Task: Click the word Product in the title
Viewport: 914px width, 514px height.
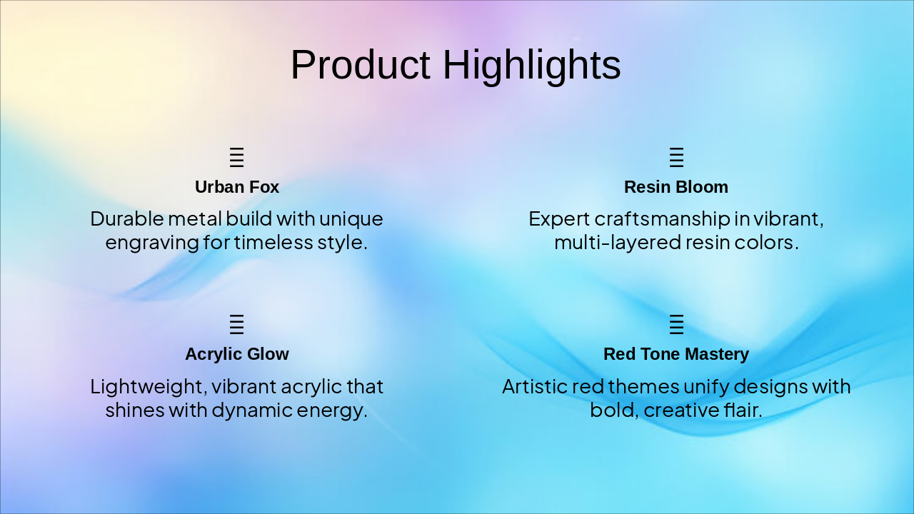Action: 361,65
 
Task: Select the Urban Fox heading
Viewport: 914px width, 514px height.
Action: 237,187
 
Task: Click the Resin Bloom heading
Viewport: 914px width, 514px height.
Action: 676,187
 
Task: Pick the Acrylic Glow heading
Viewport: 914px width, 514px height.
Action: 237,354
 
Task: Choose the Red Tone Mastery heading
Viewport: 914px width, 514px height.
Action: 676,354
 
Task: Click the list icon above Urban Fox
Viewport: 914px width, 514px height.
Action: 236,158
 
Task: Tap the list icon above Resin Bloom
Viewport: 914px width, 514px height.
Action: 676,158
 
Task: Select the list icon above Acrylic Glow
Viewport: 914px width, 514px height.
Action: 236,324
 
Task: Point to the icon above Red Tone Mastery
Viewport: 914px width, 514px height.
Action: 676,324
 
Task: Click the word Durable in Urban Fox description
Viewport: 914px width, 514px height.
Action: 127,219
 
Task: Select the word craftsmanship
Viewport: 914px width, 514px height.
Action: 662,220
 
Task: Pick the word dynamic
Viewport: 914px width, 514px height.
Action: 252,411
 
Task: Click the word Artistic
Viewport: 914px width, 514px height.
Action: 535,386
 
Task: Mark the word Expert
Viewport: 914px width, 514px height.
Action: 559,220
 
